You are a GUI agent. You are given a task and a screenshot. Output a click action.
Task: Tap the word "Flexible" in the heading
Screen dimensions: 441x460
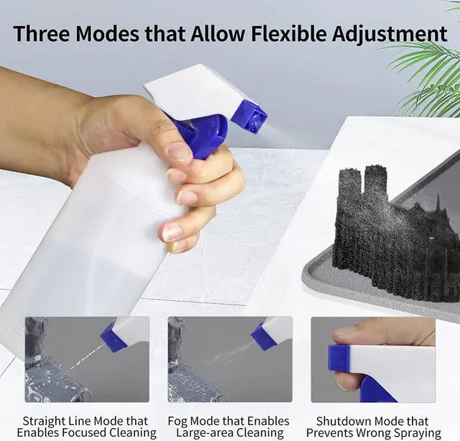(270, 33)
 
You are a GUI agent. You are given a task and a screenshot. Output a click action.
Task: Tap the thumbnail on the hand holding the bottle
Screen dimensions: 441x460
(178, 152)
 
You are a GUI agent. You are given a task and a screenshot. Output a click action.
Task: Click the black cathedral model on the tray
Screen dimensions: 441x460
(388, 230)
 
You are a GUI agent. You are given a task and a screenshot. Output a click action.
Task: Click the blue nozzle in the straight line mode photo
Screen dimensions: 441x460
(113, 336)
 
